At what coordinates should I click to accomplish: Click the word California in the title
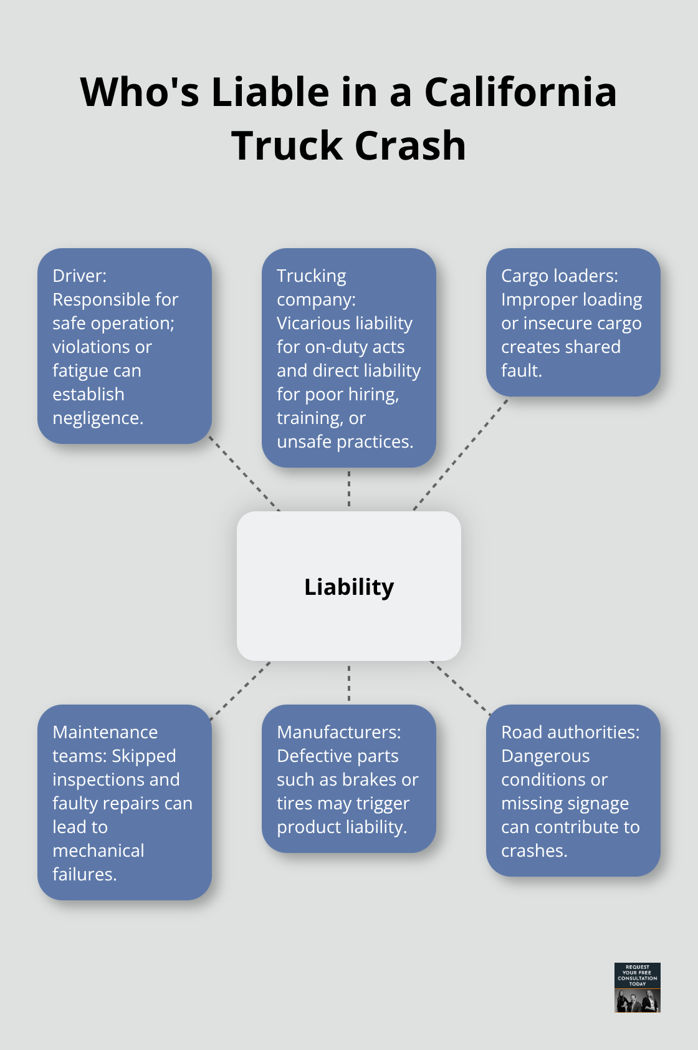520,92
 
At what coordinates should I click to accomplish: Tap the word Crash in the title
411,146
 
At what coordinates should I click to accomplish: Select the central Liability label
349,587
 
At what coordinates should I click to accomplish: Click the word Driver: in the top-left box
79,276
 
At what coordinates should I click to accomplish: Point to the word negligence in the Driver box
97,418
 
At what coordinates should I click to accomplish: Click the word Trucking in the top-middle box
311,276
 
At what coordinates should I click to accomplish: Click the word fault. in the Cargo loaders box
522,371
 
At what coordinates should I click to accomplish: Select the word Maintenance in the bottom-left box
105,732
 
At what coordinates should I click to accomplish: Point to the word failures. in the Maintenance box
84,874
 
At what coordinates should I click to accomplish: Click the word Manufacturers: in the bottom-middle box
338,732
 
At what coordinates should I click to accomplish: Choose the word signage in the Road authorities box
597,804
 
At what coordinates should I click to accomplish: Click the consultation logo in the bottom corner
637,987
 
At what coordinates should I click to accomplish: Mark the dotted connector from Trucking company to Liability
349,489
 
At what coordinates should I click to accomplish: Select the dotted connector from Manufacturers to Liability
349,683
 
